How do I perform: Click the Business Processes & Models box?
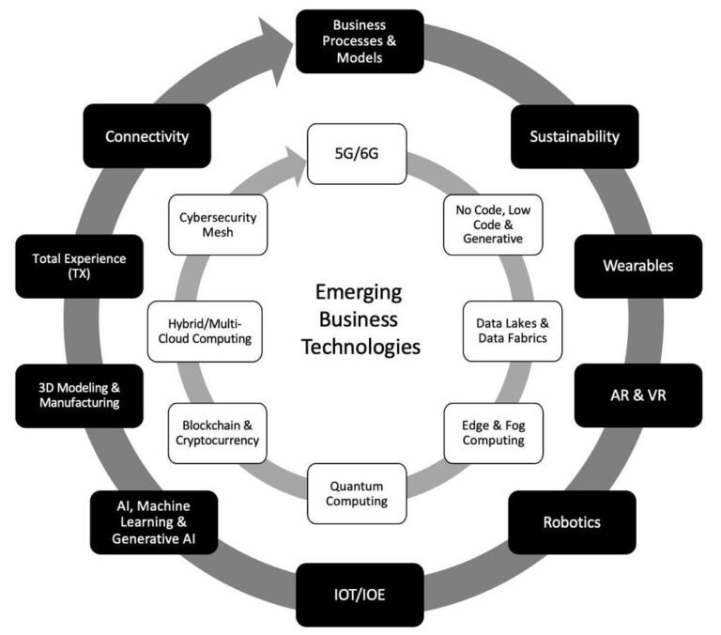point(358,40)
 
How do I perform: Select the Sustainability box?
point(574,136)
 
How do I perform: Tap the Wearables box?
point(637,265)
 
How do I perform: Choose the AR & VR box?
point(637,395)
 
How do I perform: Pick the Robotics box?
point(573,521)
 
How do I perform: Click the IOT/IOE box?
point(358,594)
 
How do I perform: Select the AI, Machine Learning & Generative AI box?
point(153,522)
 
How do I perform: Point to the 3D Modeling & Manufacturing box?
point(79,395)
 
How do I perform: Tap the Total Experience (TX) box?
point(79,266)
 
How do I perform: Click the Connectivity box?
point(146,136)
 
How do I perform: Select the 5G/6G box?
point(358,154)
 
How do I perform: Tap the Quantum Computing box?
point(358,493)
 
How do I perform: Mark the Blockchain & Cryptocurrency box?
point(215,432)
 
